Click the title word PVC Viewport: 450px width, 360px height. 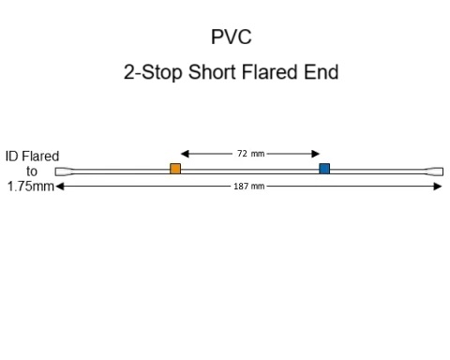click(x=231, y=37)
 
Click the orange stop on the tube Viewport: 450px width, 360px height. click(x=175, y=169)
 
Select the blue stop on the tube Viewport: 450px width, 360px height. click(x=324, y=169)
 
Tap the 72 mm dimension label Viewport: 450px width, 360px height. click(x=250, y=153)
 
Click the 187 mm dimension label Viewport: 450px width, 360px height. click(x=248, y=187)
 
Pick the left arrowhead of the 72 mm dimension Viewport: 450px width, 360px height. click(x=185, y=153)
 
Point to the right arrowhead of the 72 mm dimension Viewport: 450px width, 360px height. click(x=317, y=153)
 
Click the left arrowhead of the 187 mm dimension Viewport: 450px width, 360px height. click(x=60, y=187)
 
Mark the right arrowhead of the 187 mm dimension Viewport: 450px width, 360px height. click(x=437, y=187)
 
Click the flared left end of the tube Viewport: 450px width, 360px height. click(x=63, y=172)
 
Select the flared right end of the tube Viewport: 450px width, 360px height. click(x=434, y=172)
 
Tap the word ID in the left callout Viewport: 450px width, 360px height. click(x=12, y=157)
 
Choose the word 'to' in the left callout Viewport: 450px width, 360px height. click(x=32, y=172)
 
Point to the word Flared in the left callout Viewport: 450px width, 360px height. click(x=41, y=157)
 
